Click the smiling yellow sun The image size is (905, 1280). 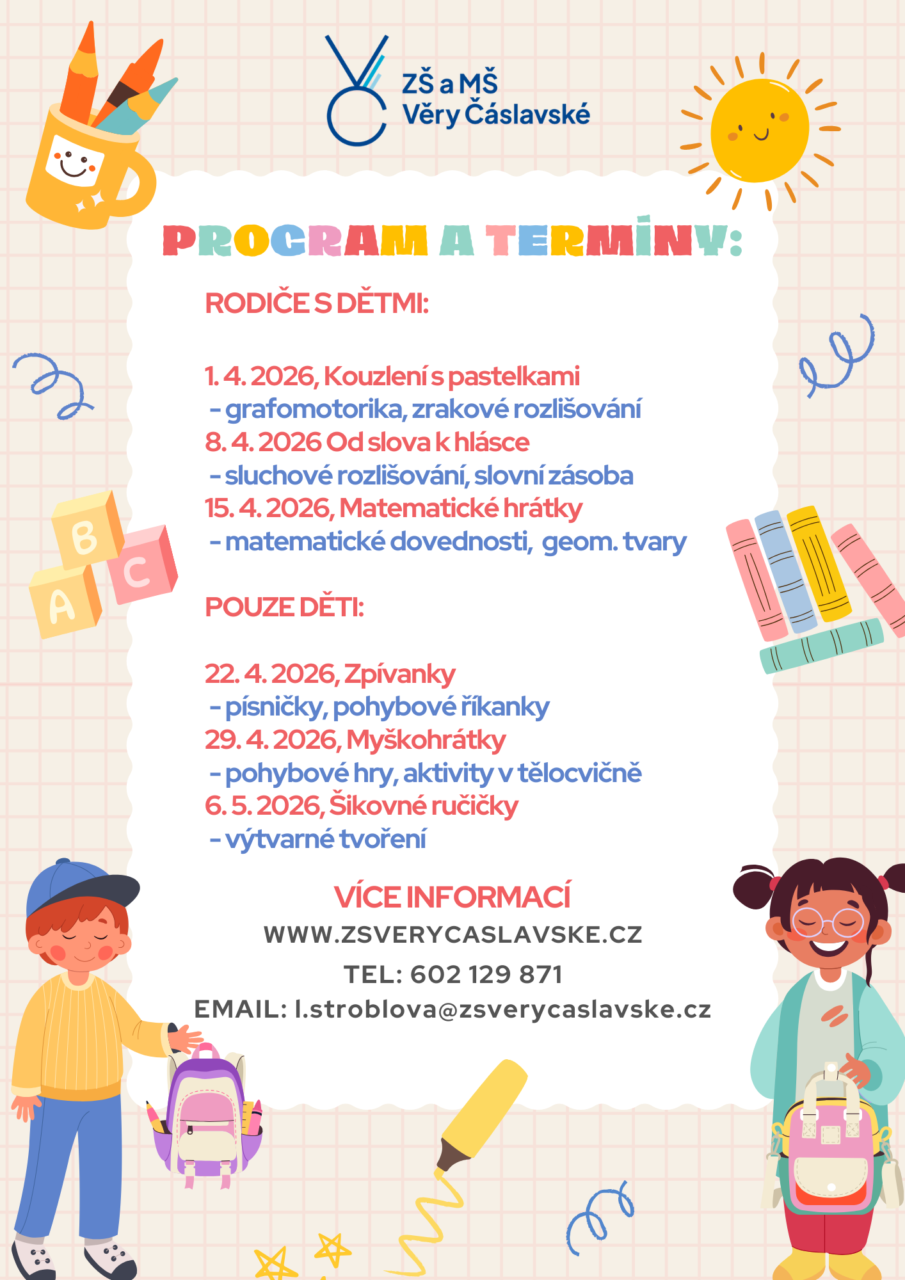(760, 131)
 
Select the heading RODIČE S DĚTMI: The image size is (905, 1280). (316, 303)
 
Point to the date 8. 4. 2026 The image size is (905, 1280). (263, 442)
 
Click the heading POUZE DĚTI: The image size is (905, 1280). (284, 607)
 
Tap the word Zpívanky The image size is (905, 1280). (399, 674)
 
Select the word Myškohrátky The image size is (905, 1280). (426, 740)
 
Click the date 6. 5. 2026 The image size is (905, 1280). (263, 806)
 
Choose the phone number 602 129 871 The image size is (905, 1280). (486, 975)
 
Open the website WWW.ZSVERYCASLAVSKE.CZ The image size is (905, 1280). (452, 935)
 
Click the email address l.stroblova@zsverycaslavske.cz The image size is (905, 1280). (502, 1009)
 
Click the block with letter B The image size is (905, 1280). (87, 531)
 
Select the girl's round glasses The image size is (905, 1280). (828, 922)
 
